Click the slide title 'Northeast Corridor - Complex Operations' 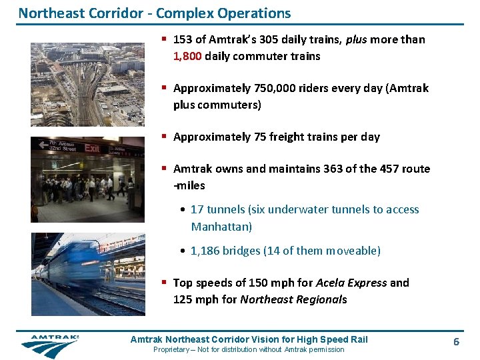click(x=155, y=13)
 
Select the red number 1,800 click(x=187, y=57)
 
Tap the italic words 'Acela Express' click(x=351, y=283)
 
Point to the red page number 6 click(x=456, y=341)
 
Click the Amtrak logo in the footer click(x=49, y=345)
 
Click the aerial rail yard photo click(x=87, y=85)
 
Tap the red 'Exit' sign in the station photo click(x=92, y=148)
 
